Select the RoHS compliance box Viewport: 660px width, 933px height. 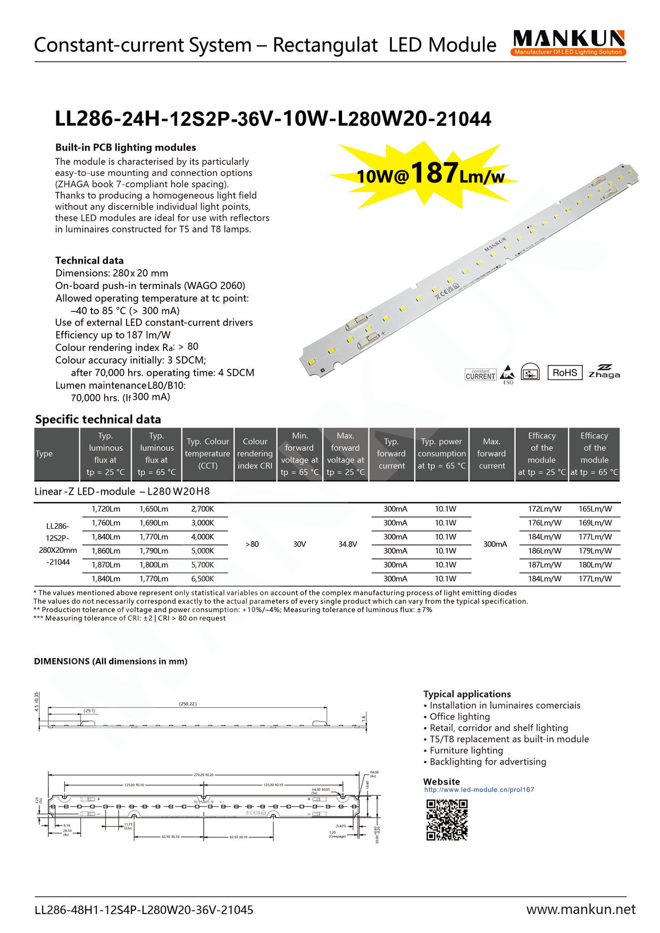[564, 373]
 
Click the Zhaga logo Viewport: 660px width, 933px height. [604, 372]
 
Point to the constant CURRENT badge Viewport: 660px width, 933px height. [480, 375]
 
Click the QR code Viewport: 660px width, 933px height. [447, 820]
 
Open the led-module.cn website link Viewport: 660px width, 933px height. [479, 789]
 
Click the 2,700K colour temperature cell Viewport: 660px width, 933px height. [202, 509]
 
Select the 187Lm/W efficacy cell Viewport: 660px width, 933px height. [544, 565]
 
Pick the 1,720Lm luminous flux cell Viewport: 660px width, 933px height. [106, 509]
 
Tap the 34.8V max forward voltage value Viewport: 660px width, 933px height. [347, 544]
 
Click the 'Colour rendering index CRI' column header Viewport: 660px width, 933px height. [255, 453]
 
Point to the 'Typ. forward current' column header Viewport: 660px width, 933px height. [391, 453]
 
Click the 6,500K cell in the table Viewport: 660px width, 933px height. [202, 578]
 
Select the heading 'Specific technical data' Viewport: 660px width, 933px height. [98, 419]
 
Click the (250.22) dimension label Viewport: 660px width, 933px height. [188, 704]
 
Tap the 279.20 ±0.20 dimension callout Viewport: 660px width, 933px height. [204, 775]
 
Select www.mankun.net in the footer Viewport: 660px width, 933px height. [581, 909]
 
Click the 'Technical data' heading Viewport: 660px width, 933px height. [89, 260]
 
